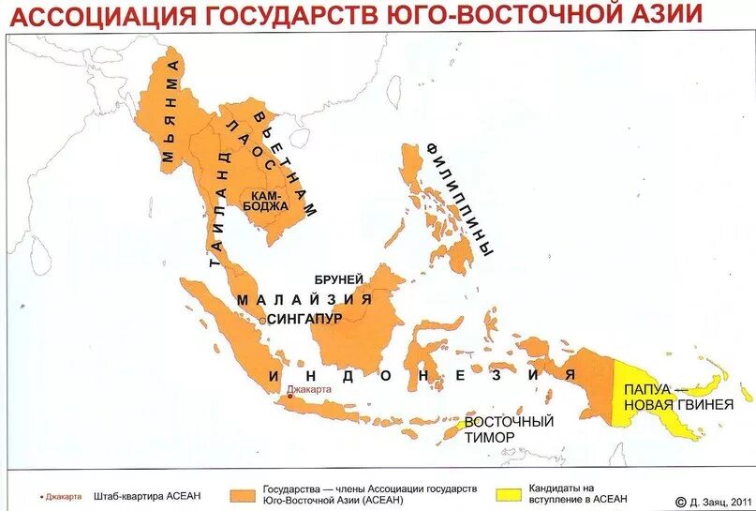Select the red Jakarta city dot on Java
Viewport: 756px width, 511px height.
290,397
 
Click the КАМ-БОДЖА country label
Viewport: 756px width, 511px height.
264,200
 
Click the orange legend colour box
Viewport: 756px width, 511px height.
246,493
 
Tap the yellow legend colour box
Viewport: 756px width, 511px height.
509,493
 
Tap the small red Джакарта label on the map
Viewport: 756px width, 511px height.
309,387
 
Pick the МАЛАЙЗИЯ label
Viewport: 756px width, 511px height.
304,299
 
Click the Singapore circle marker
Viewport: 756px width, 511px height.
261,320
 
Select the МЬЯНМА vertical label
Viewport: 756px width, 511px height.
170,113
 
